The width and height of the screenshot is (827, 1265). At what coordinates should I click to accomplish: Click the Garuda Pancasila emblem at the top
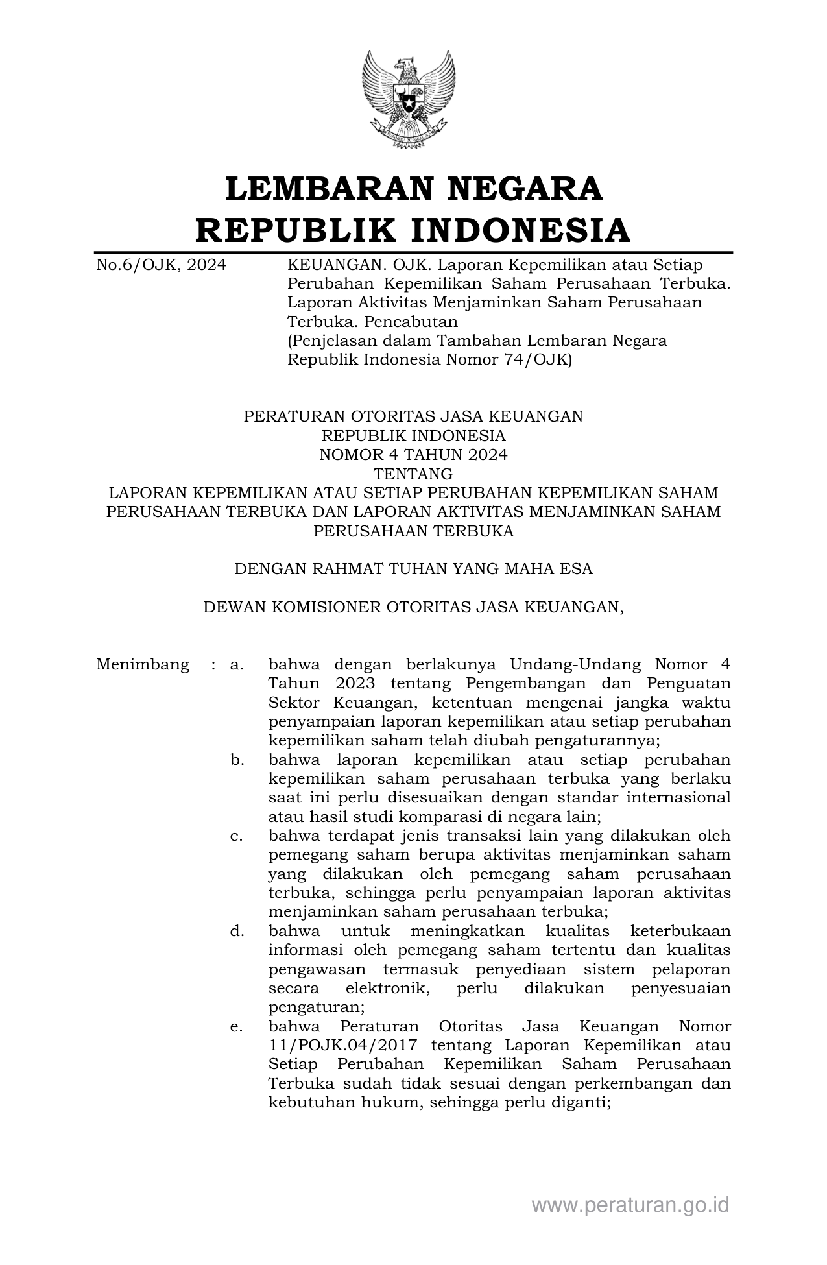409,99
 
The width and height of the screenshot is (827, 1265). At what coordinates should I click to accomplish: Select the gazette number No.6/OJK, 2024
161,265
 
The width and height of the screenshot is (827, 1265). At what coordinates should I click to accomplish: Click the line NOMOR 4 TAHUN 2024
413,455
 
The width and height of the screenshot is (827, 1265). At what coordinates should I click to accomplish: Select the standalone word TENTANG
413,474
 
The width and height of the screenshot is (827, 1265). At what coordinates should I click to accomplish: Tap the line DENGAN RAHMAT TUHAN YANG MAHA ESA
413,569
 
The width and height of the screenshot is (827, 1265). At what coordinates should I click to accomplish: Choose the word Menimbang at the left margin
143,664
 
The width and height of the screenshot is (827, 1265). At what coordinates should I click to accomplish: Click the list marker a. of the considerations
237,664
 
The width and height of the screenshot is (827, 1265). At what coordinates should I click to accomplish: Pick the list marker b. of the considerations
237,760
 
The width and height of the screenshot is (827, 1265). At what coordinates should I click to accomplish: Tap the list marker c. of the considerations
237,836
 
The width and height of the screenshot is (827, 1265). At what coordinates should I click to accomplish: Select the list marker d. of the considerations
237,932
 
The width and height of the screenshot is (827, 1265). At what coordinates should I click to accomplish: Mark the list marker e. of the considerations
237,1027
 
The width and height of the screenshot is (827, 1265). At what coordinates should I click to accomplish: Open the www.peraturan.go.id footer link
630,1205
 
